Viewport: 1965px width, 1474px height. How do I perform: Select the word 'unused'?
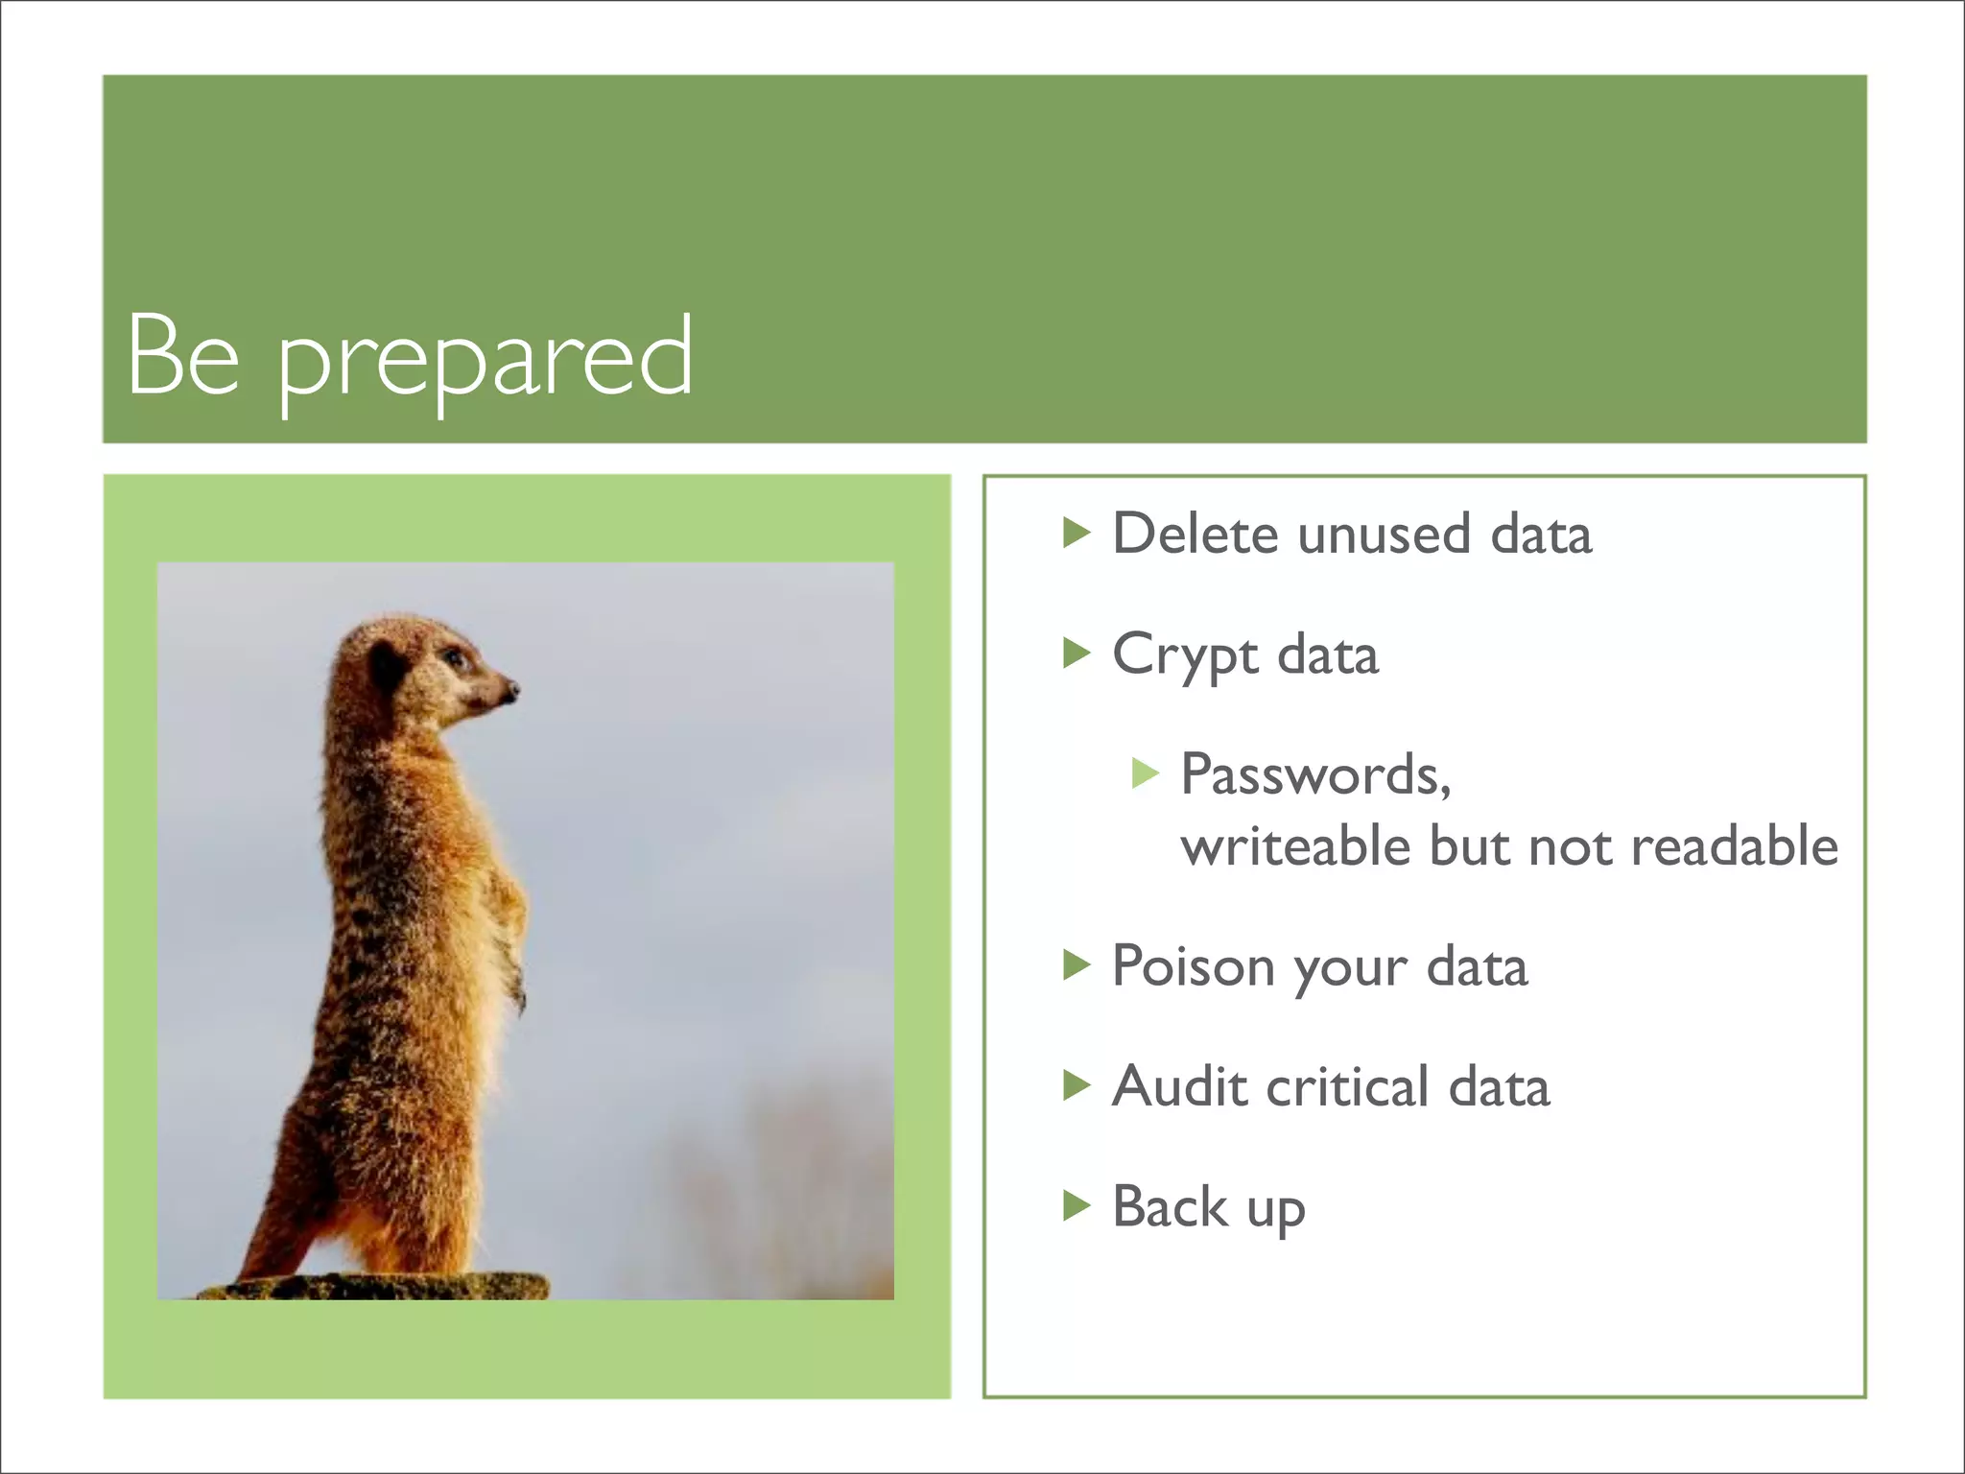(x=1384, y=534)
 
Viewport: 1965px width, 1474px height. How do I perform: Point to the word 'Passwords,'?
(x=1314, y=775)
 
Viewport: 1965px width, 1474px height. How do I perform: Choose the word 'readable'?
(x=1734, y=846)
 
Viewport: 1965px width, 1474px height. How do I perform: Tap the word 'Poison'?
(x=1194, y=967)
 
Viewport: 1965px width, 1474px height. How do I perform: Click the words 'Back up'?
(x=1208, y=1208)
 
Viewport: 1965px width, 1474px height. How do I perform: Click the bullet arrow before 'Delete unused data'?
(x=1077, y=533)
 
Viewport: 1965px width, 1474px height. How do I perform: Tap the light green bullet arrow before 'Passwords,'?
(x=1146, y=773)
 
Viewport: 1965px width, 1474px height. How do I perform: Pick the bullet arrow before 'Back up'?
(x=1077, y=1206)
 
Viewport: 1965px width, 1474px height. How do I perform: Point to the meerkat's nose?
(x=511, y=688)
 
